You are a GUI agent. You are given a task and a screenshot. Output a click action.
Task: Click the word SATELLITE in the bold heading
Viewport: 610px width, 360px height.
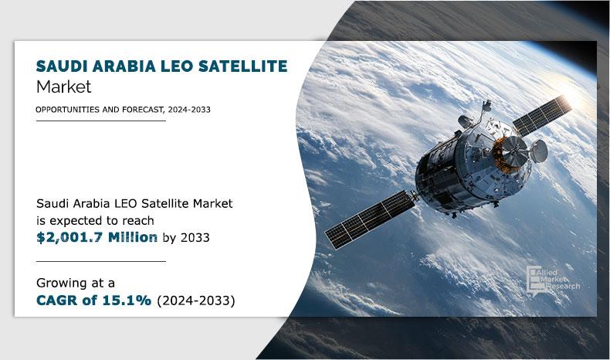pos(242,66)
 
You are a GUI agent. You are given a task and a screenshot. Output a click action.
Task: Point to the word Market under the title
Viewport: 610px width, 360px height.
pos(64,87)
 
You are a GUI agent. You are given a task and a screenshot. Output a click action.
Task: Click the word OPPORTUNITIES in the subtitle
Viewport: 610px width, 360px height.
pos(68,110)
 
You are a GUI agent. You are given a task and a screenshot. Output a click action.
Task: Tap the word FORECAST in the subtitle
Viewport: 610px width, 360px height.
pos(142,110)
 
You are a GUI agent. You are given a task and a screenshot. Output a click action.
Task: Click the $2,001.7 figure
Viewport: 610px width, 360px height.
pos(69,237)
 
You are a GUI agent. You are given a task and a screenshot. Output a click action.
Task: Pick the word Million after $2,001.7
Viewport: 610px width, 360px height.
pos(133,237)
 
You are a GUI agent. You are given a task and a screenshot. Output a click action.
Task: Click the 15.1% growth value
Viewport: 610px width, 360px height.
pos(127,301)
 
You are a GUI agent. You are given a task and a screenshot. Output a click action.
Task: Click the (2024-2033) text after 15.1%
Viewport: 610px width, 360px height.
pos(196,301)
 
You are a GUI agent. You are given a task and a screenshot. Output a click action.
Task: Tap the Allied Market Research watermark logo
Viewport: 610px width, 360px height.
pos(553,280)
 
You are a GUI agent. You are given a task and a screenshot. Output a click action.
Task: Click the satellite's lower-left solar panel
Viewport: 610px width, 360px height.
pos(370,219)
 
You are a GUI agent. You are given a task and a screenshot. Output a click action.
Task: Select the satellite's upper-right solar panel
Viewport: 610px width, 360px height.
pos(542,116)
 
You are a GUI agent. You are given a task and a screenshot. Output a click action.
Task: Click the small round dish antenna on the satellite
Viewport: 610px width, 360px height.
pos(539,151)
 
